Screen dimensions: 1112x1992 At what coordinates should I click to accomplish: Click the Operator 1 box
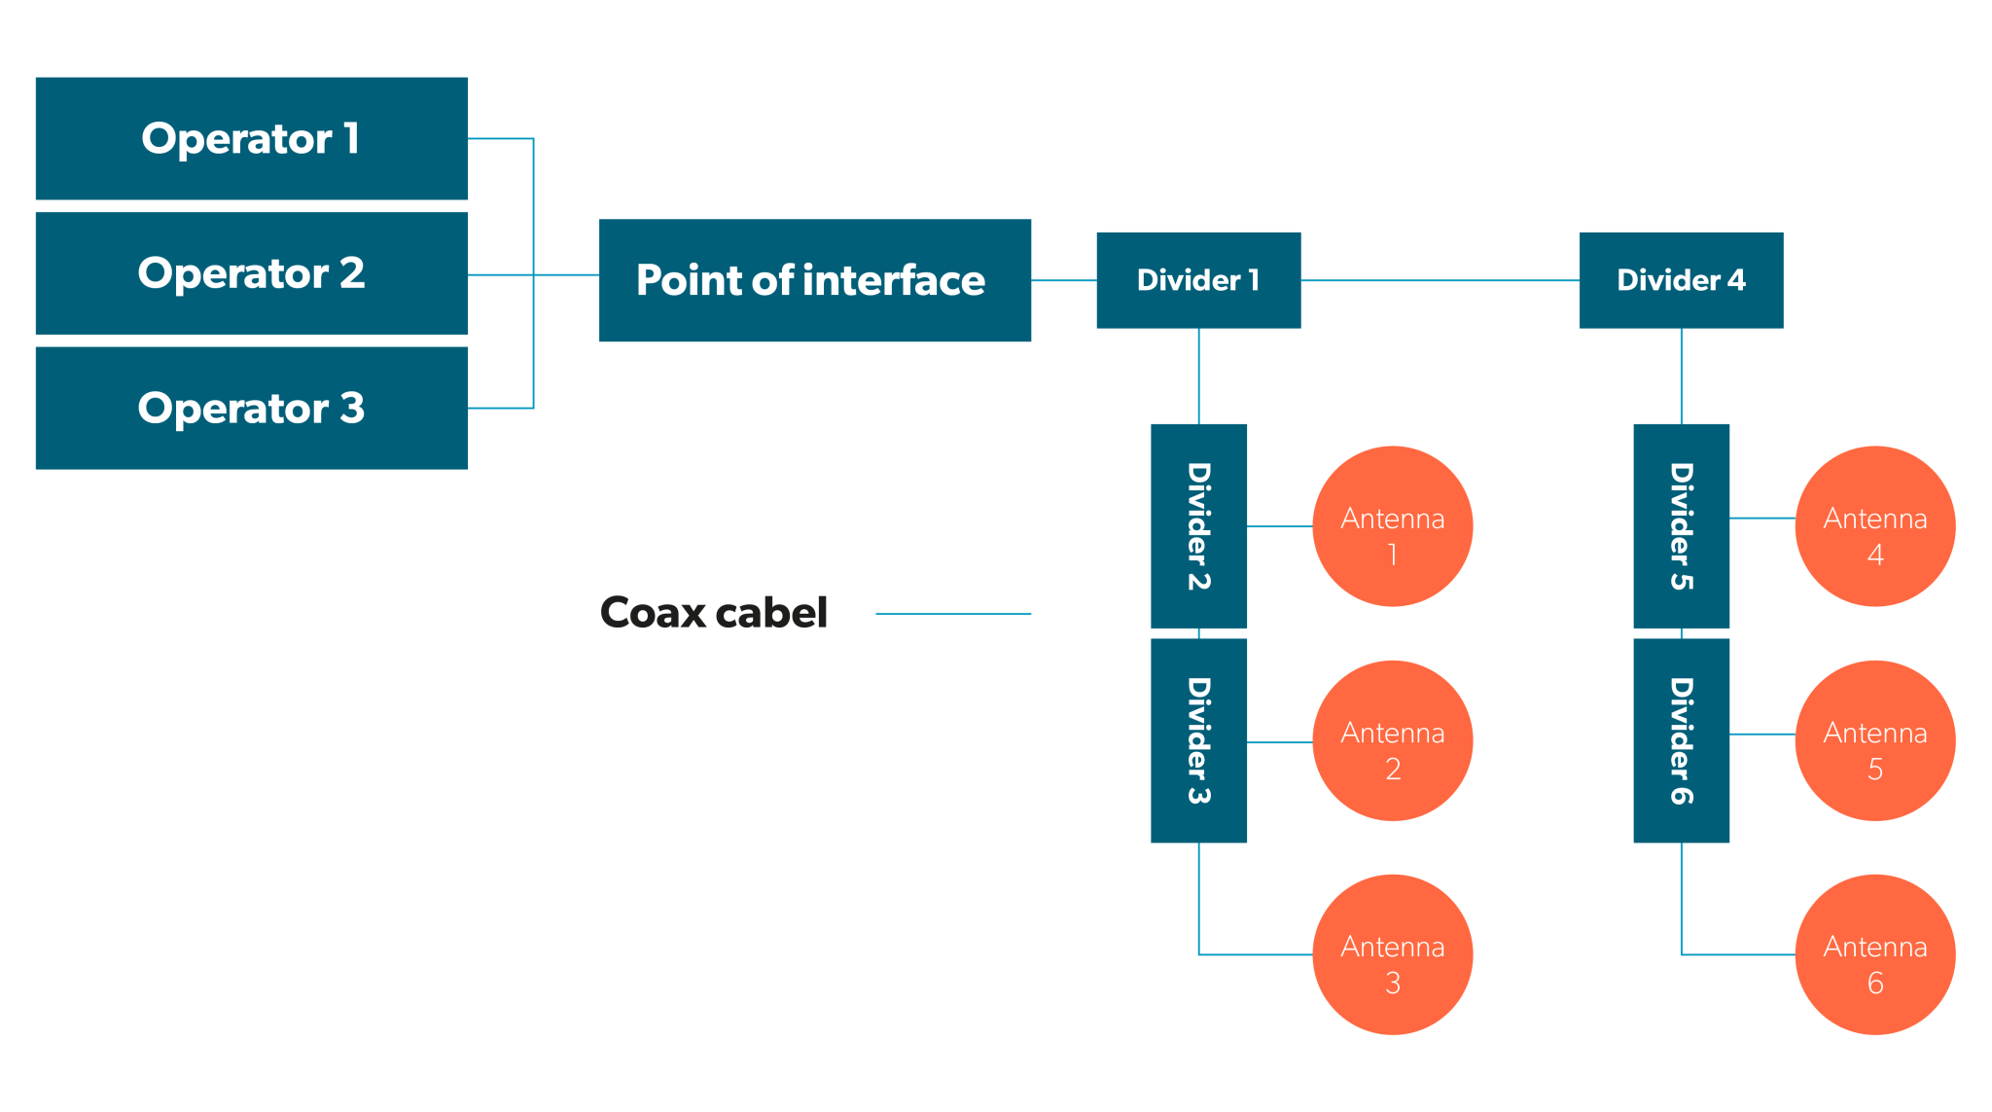(251, 138)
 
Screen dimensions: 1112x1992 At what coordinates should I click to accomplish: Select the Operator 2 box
(251, 273)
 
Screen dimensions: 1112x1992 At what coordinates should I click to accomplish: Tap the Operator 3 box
(251, 408)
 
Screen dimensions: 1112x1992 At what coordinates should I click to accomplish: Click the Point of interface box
(814, 280)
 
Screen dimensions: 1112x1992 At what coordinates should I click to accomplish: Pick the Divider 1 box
(1198, 280)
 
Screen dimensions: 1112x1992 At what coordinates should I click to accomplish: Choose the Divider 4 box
(1681, 280)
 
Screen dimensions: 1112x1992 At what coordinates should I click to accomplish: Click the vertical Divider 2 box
(1198, 525)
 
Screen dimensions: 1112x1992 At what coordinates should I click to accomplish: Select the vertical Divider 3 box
(1198, 740)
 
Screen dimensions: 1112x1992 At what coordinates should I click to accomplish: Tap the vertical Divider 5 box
(1681, 525)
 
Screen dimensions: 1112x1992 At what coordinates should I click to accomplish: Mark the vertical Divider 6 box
(1681, 740)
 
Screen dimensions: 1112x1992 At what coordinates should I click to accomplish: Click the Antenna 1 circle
(1392, 526)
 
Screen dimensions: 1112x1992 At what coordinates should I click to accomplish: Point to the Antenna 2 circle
(1392, 740)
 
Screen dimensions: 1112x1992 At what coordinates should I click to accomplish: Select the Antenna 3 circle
(1392, 954)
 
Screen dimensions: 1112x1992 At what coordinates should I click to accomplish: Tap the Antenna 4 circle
(1874, 526)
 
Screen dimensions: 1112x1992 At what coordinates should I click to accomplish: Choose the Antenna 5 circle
(1874, 740)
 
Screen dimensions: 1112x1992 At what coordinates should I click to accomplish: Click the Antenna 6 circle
(1874, 954)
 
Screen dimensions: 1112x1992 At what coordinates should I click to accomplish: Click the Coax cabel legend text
(714, 613)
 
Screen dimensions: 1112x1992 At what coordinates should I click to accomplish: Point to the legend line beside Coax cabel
(953, 614)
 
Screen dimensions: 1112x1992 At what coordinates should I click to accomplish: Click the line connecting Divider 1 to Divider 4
(1440, 280)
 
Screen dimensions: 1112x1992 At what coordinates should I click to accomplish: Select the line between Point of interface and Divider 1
(1064, 280)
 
